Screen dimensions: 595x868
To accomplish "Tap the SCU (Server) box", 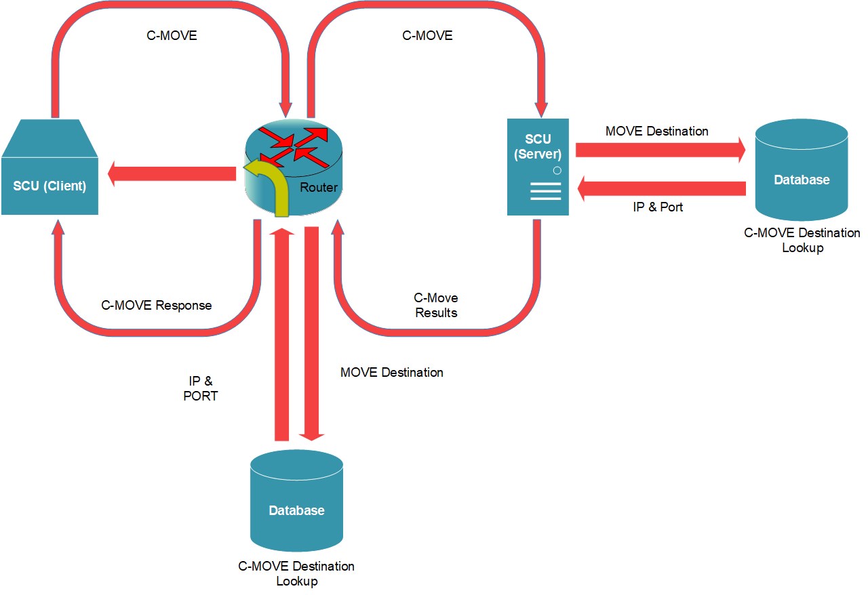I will point(538,167).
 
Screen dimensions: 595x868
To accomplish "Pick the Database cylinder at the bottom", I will point(296,501).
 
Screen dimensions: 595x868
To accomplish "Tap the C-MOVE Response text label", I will point(157,306).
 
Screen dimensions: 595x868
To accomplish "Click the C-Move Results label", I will point(436,306).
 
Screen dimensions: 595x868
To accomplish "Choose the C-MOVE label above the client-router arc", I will point(172,36).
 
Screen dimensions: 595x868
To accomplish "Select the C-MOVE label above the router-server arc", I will point(427,36).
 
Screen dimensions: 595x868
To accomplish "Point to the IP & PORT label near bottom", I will point(201,389).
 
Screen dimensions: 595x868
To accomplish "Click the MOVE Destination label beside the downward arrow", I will point(392,373).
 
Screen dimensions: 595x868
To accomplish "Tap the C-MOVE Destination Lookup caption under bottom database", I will point(296,573).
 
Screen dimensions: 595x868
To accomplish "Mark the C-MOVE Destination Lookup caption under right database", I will point(802,241).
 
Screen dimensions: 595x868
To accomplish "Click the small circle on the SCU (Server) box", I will point(556,170).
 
